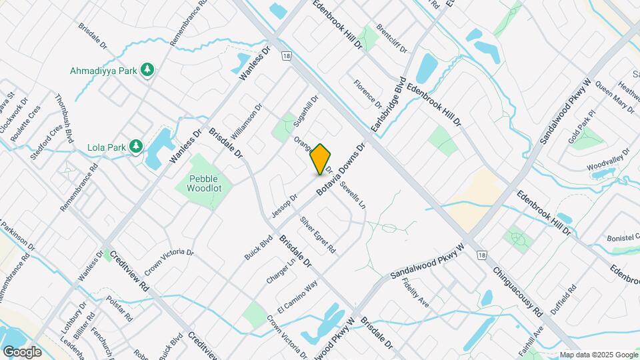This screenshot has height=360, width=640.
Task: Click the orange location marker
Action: (321, 159)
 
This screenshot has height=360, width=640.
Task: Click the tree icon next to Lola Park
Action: (136, 146)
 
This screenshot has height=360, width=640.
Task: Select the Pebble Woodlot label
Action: (205, 183)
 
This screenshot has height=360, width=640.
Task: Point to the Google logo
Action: (22, 351)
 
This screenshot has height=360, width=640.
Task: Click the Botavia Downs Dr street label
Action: (341, 169)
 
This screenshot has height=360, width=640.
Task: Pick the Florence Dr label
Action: (368, 95)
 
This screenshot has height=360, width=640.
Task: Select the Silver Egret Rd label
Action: (317, 235)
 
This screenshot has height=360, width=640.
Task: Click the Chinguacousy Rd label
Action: (519, 293)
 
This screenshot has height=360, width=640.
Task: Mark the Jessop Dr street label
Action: (284, 205)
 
